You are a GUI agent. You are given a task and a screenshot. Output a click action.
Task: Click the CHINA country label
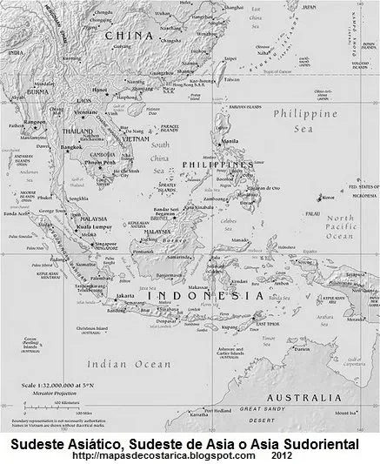point(128,36)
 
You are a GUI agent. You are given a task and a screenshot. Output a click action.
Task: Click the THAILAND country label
point(72,131)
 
